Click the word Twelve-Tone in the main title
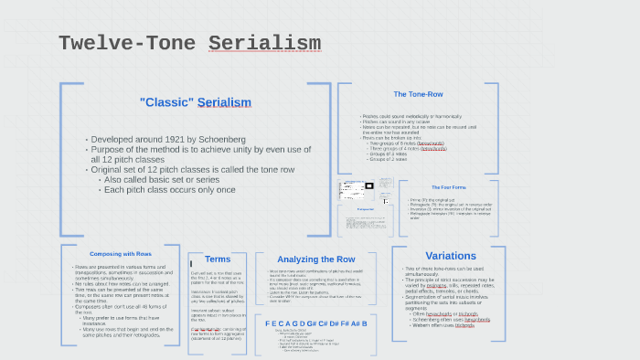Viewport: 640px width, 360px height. point(127,43)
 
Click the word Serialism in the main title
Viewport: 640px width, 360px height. point(264,43)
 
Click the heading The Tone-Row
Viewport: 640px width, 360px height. point(418,94)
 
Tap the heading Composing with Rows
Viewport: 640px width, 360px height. point(121,253)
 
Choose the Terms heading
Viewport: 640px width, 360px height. point(218,259)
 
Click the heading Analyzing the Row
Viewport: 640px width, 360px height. point(316,259)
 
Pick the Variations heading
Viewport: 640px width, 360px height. point(451,255)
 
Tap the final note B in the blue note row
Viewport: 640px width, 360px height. point(364,323)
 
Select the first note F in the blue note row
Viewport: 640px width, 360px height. point(268,323)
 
